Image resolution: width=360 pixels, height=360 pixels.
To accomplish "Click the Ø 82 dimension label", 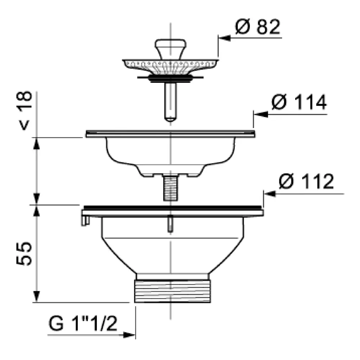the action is tap(258, 27).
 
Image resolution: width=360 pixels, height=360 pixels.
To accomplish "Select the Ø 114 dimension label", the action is tap(299, 102).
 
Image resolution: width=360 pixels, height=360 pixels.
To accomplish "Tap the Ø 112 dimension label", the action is tap(306, 181).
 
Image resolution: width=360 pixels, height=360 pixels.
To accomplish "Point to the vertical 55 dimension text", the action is tap(24, 253).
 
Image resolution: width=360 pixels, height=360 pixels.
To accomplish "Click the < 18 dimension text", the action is tap(24, 111).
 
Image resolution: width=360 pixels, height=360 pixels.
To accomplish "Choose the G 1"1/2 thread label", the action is tap(83, 323).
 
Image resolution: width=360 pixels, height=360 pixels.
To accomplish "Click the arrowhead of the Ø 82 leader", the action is tap(224, 38).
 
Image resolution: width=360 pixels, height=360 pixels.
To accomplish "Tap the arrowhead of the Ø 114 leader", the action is tap(261, 114).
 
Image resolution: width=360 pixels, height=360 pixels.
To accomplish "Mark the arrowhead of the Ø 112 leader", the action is tap(270, 194).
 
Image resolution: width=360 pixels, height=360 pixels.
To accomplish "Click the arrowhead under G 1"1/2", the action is tap(129, 335).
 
